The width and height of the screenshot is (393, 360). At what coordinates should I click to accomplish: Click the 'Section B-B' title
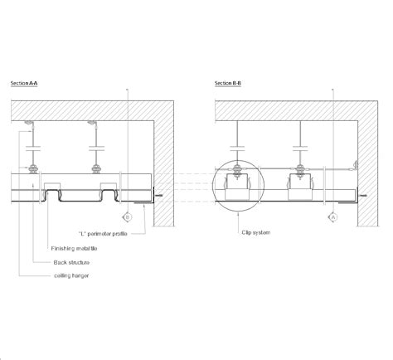[x=229, y=84]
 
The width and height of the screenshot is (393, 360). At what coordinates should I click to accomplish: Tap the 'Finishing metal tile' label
[x=75, y=248]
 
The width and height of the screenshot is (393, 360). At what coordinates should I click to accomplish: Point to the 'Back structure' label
[x=71, y=262]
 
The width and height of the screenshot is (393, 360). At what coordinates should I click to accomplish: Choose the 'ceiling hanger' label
[x=71, y=275]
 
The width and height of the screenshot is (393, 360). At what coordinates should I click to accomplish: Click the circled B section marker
[x=125, y=216]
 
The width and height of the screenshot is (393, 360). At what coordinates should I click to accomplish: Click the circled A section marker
[x=333, y=216]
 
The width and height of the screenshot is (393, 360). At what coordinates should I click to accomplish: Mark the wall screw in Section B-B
[x=362, y=197]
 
